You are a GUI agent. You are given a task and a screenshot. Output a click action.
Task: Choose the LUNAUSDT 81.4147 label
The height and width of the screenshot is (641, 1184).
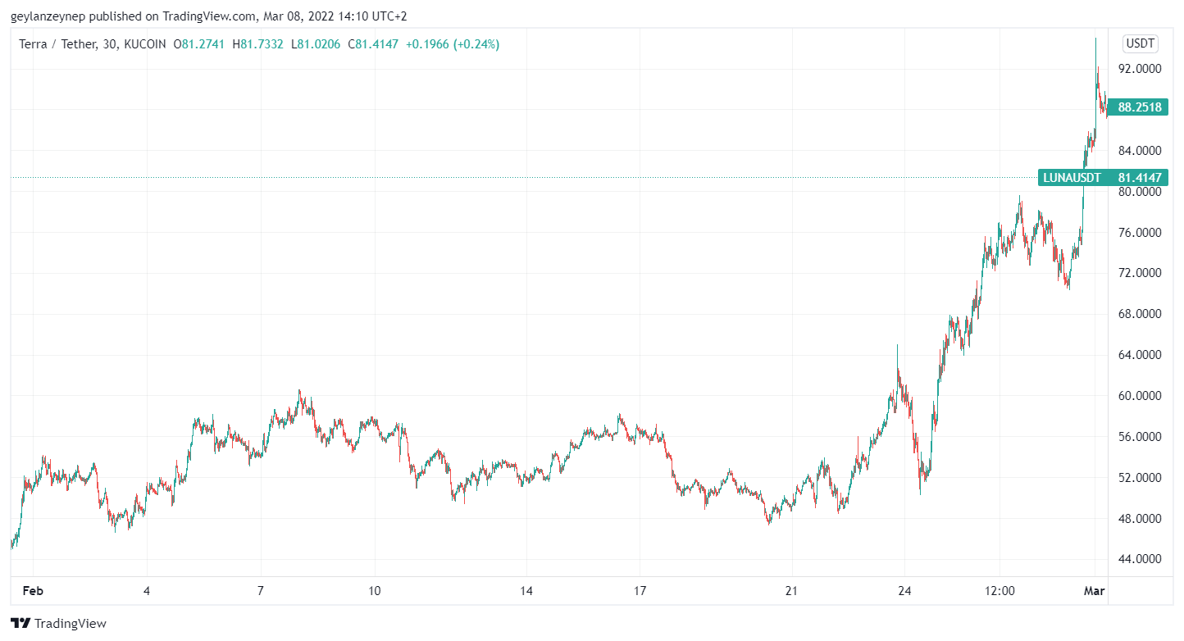coord(1102,177)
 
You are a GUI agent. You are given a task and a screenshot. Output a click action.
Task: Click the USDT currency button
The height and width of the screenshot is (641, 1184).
coord(1140,43)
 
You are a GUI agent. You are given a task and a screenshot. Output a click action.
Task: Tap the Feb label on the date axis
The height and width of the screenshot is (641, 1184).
coord(33,590)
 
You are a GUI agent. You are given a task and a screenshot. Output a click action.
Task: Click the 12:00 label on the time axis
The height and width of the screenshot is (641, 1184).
coord(1000,590)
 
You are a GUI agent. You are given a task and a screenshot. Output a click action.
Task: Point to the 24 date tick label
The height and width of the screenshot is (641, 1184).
coord(904,590)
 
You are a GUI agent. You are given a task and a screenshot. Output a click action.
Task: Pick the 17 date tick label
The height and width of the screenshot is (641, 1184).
coord(640,590)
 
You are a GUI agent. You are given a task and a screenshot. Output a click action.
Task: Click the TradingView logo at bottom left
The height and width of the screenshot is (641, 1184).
coord(58,623)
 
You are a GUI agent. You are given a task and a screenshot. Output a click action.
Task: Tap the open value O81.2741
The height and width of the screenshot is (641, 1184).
coord(199,44)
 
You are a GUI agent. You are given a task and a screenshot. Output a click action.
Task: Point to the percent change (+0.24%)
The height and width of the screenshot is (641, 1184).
coord(475,44)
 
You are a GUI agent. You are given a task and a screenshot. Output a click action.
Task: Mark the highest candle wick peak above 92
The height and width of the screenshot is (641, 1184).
coord(1095,39)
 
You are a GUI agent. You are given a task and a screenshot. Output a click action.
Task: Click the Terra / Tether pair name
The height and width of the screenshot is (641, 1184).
coord(58,44)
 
